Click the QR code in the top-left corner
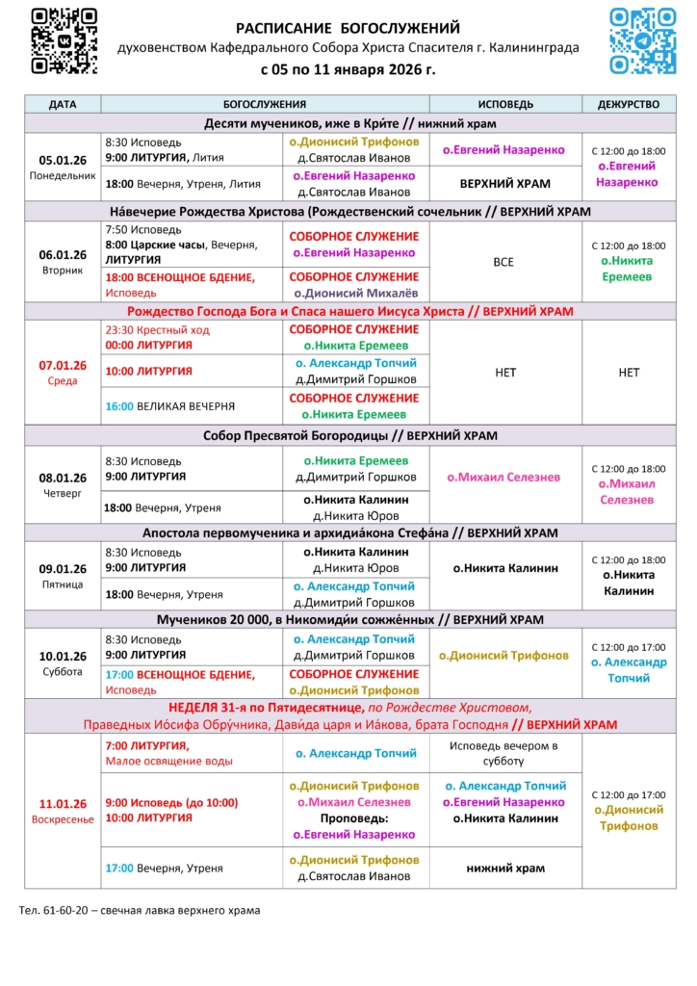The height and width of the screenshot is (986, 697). [64, 39]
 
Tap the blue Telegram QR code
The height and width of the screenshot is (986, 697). [643, 39]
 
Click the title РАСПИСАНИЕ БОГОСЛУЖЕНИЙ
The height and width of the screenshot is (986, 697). [348, 29]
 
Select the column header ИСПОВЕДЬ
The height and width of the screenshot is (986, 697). [505, 104]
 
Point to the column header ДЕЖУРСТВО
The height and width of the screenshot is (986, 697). [628, 104]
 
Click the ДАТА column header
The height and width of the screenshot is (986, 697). [63, 104]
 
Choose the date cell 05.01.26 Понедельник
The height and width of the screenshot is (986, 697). [63, 167]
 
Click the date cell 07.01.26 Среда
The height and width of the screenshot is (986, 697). [63, 372]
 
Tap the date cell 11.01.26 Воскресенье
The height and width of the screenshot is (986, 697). [63, 811]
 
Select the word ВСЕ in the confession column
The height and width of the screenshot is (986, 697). [505, 262]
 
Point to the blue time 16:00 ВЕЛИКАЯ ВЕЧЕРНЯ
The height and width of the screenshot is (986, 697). [119, 406]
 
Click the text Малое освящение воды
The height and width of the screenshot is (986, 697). [168, 761]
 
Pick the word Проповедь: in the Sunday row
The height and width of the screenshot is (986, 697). [355, 818]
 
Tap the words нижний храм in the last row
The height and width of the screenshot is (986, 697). [505, 868]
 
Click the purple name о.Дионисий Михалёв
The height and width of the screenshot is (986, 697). [355, 293]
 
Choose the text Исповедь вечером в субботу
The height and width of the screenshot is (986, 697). [505, 753]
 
